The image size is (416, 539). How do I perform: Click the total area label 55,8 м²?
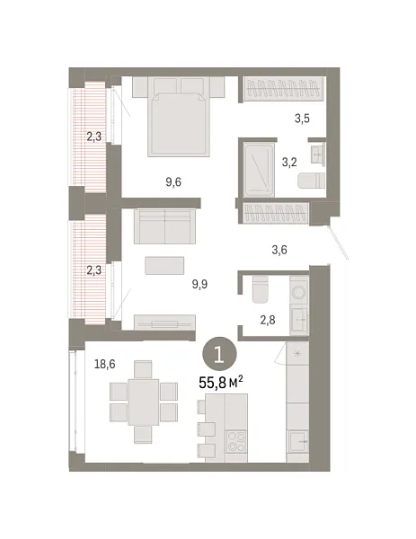point(221,382)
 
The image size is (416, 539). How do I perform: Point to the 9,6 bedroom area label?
point(173,181)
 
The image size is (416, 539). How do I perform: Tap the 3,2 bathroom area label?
point(289,163)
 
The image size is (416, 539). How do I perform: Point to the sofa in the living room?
point(164,225)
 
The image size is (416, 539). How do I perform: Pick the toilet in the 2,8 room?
point(260,289)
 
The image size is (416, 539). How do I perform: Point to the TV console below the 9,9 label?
point(164,323)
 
